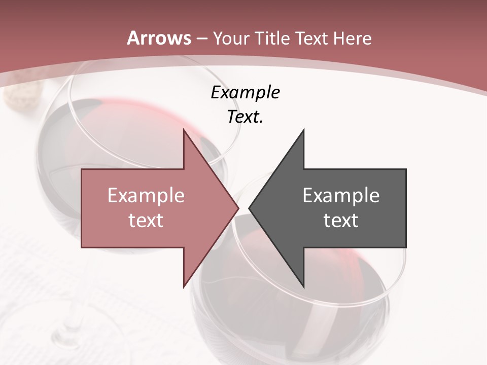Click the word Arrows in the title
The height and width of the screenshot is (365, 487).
coord(159,38)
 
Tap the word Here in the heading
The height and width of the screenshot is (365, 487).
coord(352,38)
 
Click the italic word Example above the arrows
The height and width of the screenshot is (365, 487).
coord(245,93)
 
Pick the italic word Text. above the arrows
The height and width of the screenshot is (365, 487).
coord(245,117)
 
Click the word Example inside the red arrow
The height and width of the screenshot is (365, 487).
coord(146,195)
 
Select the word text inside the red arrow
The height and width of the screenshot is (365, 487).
coord(146,221)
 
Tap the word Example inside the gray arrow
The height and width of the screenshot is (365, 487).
coord(341,195)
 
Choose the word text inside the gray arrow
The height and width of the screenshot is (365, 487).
coord(341,221)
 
